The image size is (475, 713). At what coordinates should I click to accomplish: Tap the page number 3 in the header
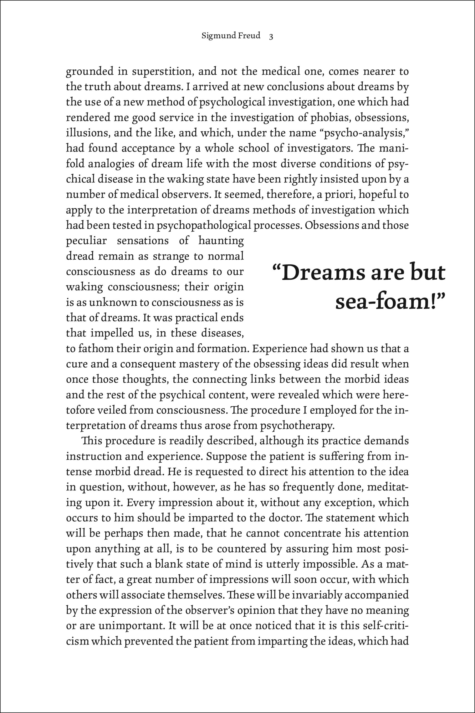point(271,37)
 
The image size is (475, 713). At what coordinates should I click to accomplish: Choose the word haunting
point(221,241)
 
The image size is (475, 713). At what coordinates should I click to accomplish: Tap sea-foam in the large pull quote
point(384,302)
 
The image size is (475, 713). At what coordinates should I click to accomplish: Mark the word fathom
point(96,349)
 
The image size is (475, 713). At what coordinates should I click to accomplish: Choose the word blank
point(170,564)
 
